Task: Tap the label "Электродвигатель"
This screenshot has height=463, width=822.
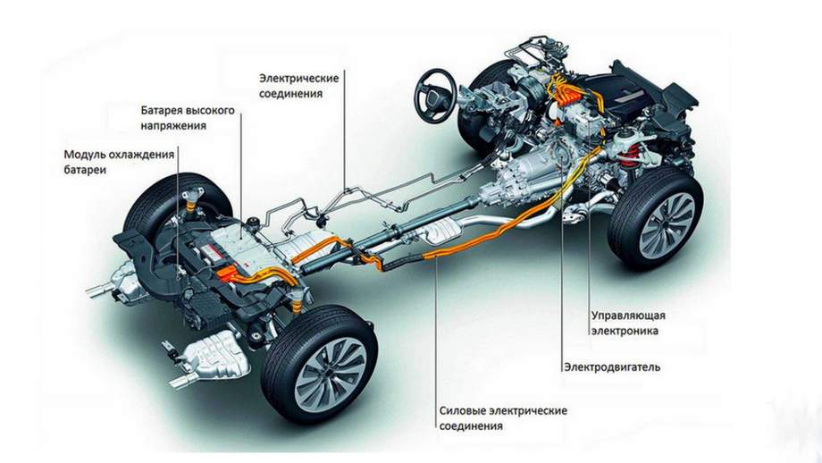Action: pyautogui.click(x=612, y=367)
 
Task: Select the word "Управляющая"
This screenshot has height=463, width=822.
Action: pyautogui.click(x=628, y=316)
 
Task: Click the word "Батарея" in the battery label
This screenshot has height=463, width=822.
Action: pyautogui.click(x=163, y=110)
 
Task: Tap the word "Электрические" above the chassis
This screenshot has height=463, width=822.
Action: pyautogui.click(x=298, y=78)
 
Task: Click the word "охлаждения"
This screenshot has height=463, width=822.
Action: pyautogui.click(x=140, y=155)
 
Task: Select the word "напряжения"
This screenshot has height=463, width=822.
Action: pyautogui.click(x=173, y=126)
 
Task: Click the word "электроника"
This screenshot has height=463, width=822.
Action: pyautogui.click(x=625, y=331)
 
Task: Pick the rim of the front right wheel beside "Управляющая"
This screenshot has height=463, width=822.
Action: pyautogui.click(x=671, y=224)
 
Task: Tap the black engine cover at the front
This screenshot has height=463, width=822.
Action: pyautogui.click(x=624, y=89)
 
